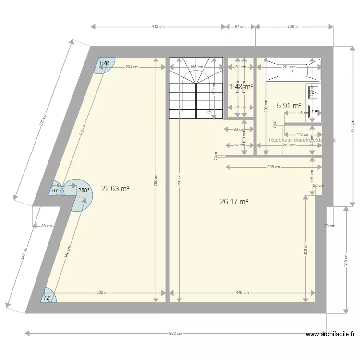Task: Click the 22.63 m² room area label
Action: coord(115,189)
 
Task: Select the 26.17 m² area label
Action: coord(234,202)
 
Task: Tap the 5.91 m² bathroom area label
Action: coord(289,105)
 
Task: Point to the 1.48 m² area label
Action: coord(241,87)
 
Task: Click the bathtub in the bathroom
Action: coord(292,69)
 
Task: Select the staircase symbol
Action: coord(196,87)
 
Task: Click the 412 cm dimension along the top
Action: coord(158,27)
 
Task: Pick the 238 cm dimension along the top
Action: coord(294,27)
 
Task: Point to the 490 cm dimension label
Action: coord(352,126)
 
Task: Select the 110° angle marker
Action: coord(104,63)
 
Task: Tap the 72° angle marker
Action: coord(47,298)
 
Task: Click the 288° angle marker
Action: coord(84,190)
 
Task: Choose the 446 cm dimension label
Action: coord(243,292)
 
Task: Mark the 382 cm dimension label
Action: coord(103,292)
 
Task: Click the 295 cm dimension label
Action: coord(273,167)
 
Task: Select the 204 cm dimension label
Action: coord(132,68)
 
